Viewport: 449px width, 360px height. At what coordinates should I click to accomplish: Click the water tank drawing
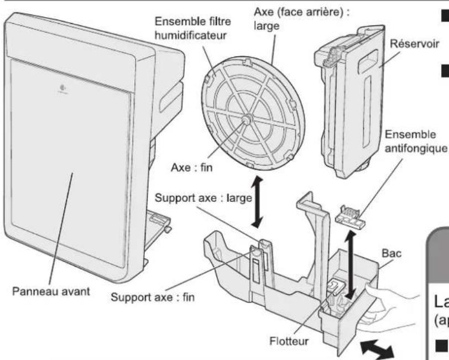pyautogui.click(x=346, y=100)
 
